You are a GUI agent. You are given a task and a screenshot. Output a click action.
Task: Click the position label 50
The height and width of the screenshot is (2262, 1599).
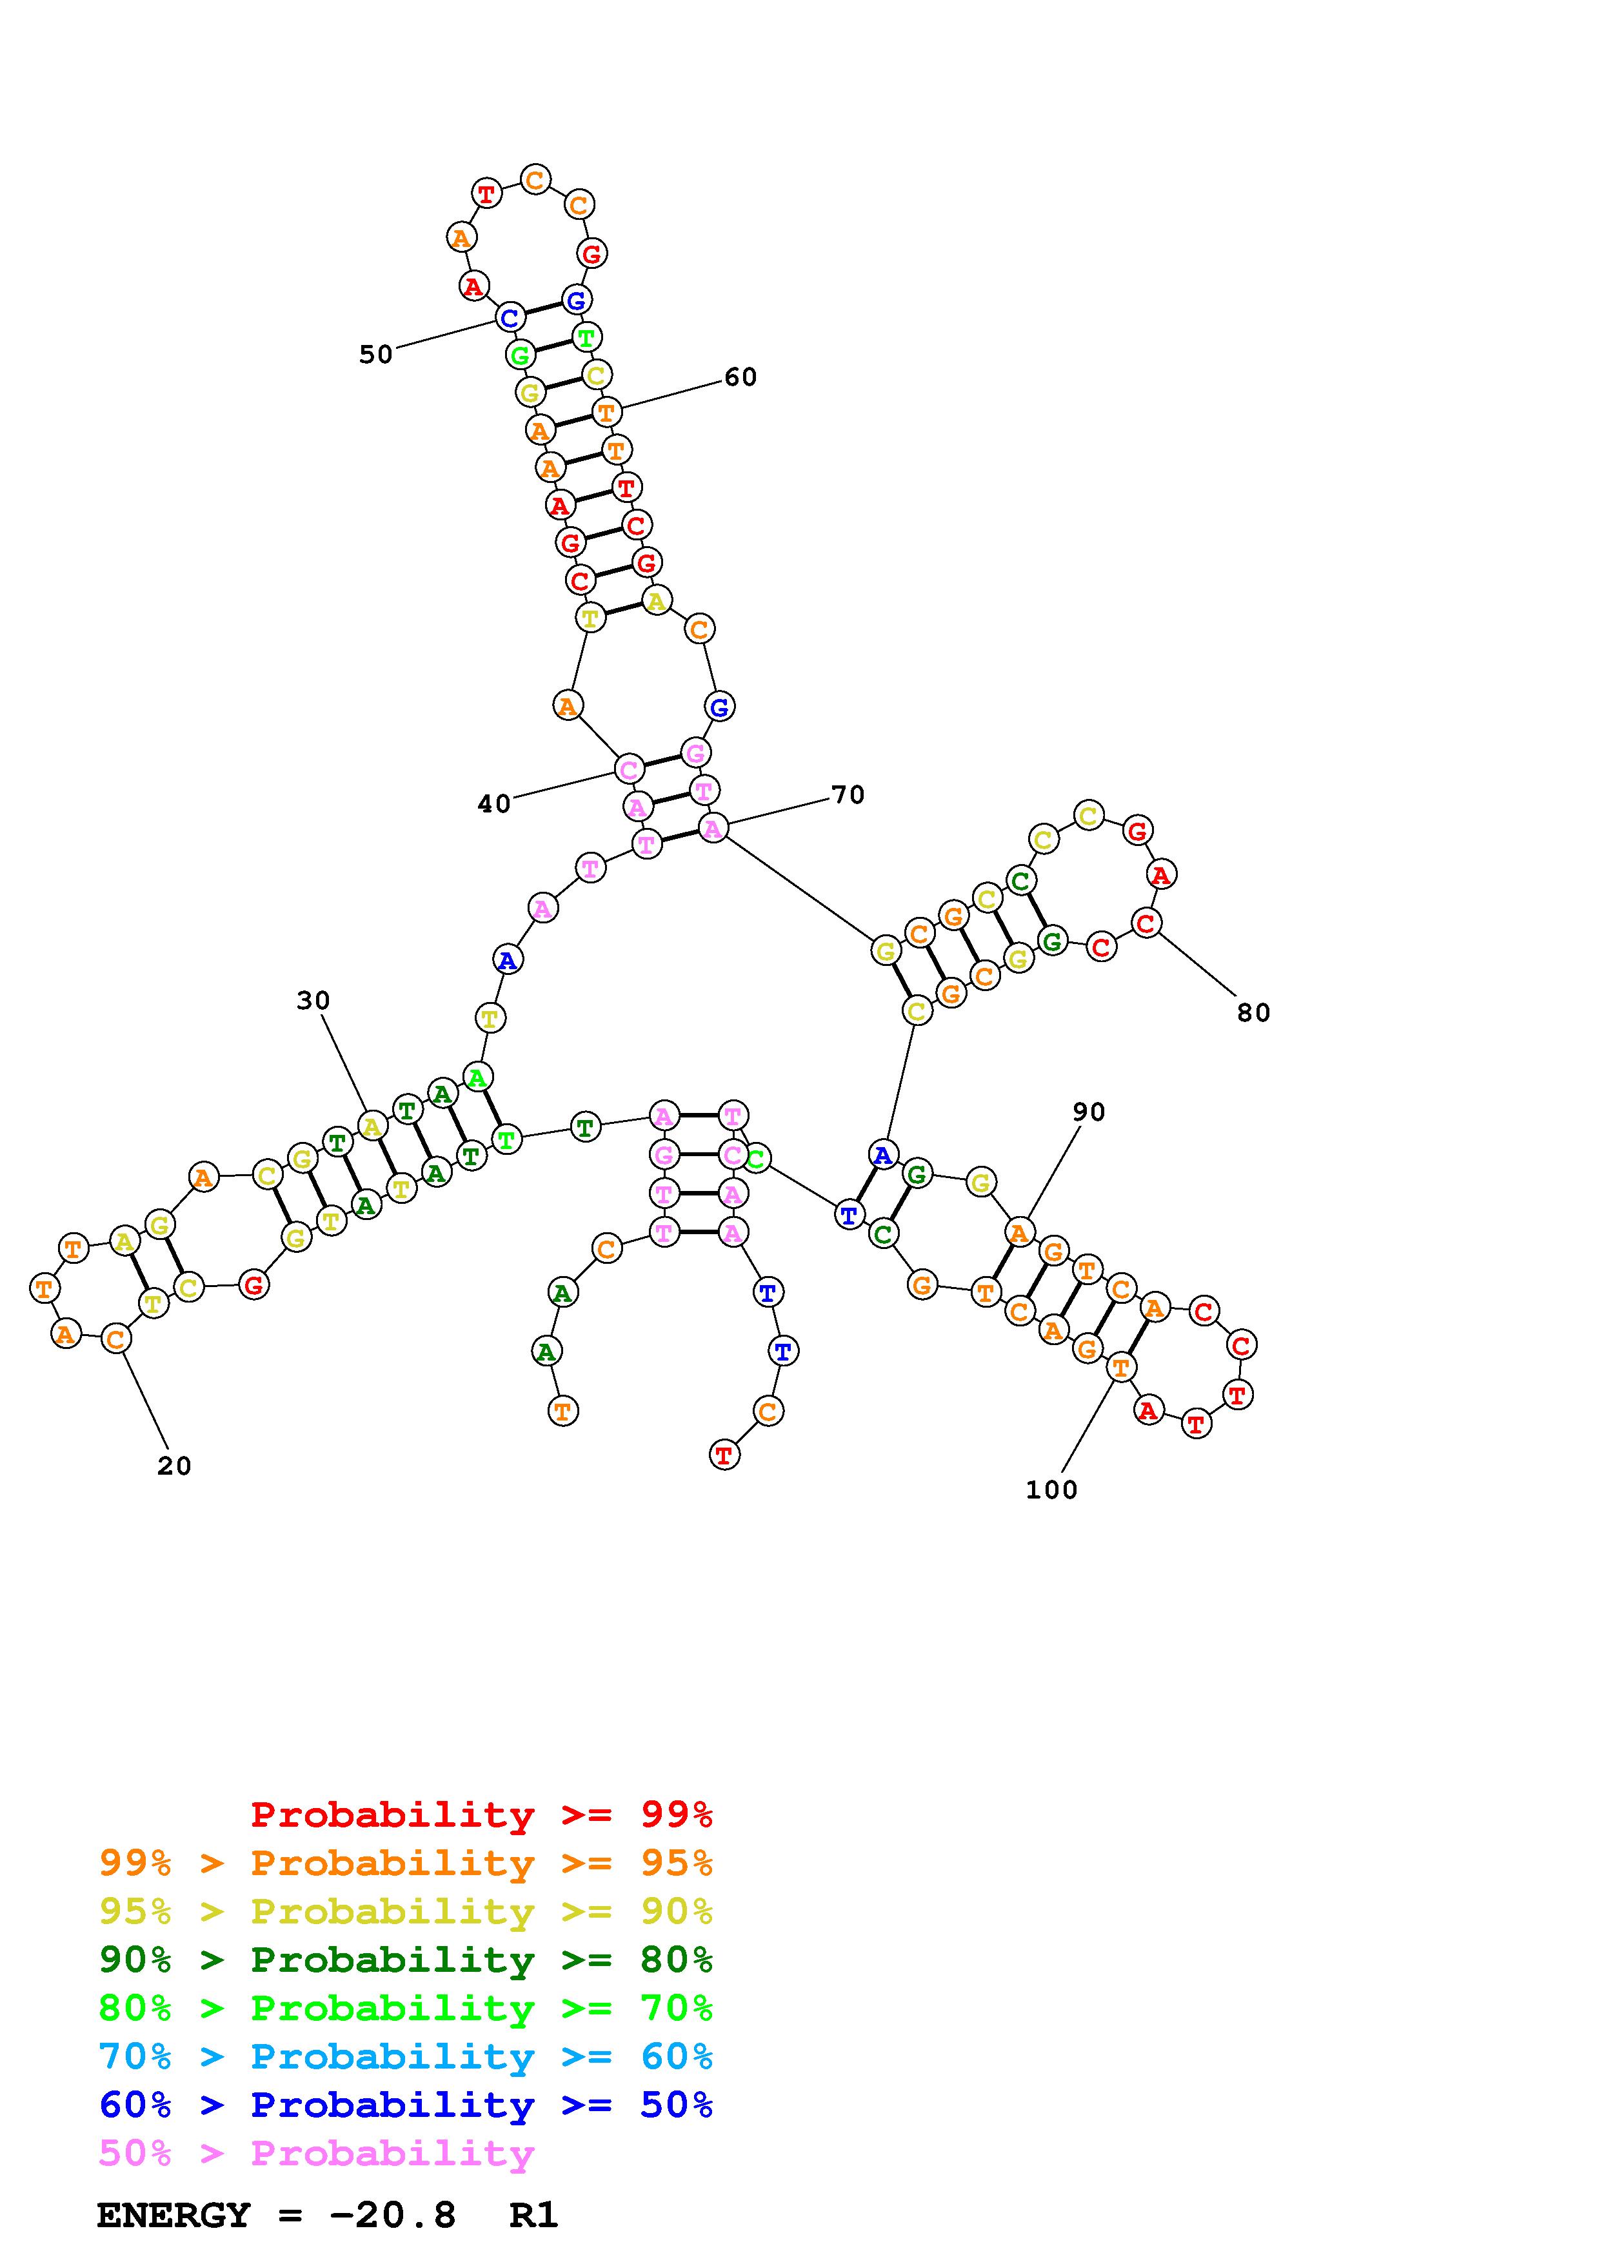[x=375, y=355]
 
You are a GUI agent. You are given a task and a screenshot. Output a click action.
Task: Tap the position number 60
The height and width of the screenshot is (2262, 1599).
[x=740, y=377]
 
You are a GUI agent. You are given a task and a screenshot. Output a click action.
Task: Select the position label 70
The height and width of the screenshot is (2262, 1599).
[x=848, y=795]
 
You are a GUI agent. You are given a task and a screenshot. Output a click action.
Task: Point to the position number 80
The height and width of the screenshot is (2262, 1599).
[x=1253, y=1013]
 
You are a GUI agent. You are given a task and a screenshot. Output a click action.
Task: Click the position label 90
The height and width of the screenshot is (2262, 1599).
[x=1089, y=1112]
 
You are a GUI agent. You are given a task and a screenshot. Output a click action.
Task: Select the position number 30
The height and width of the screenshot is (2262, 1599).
[x=313, y=1001]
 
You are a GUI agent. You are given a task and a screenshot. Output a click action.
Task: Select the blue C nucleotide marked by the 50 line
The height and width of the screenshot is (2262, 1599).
[x=510, y=319]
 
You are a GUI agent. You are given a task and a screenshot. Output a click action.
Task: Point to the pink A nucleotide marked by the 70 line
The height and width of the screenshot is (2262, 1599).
[x=712, y=829]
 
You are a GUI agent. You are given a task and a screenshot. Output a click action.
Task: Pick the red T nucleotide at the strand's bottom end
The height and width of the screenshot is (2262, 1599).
[x=724, y=1455]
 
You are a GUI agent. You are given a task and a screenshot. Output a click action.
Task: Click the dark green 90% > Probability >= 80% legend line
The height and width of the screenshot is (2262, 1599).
[x=406, y=1960]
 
